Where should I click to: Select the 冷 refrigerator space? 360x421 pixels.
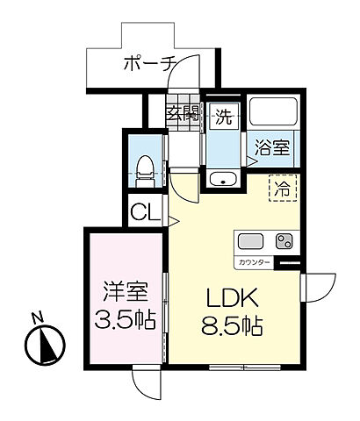282,187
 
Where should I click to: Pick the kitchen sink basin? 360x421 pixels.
248,241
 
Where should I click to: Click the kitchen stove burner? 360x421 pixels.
284,241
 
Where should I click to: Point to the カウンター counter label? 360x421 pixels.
253,262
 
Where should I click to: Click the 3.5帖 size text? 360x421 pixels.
123,318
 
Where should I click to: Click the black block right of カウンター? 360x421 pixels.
289,261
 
